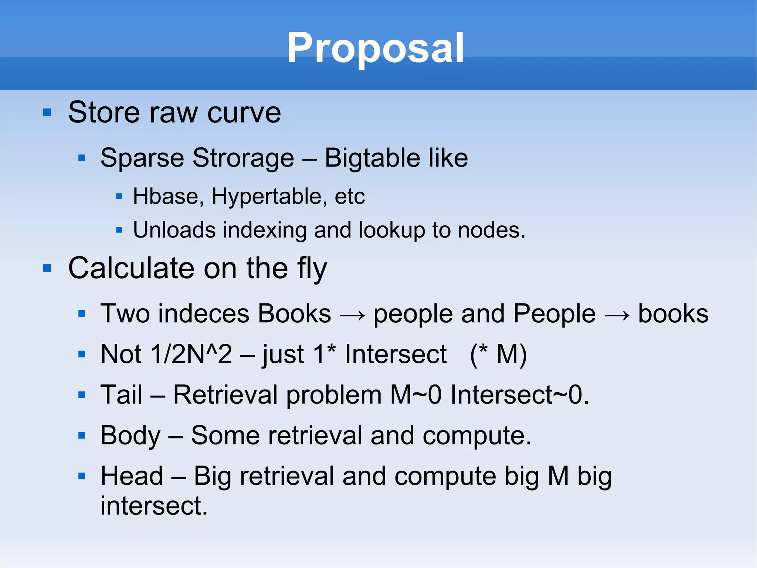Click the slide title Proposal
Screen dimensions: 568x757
pos(375,48)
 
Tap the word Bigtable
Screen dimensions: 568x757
pos(372,158)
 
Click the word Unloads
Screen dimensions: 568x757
pos(174,230)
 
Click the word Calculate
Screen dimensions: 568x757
pos(131,268)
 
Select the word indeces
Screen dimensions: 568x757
pos(204,314)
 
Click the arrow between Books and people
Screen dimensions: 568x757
pos(352,315)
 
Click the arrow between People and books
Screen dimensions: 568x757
pos(617,315)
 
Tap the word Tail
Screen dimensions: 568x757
pos(121,394)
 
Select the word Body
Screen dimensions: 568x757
pos(130,436)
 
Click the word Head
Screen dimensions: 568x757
pos(132,476)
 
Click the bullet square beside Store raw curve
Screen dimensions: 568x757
pos(47,112)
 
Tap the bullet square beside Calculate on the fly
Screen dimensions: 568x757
pos(47,268)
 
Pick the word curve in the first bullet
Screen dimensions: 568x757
pos(244,112)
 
